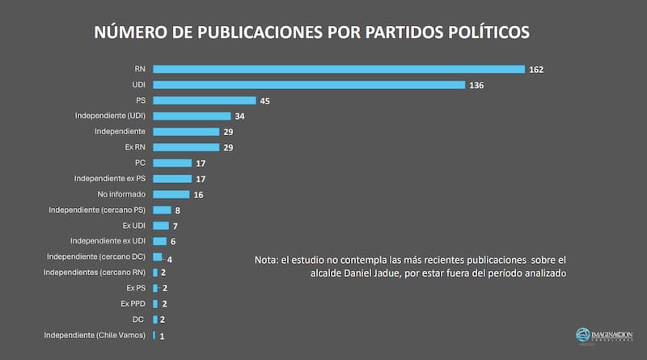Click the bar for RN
coord(339,70)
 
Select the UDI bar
coord(309,85)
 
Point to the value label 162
coord(535,70)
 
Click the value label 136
coord(476,85)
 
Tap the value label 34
coord(241,116)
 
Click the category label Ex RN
coord(135,146)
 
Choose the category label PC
coord(140,163)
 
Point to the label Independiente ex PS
coord(109,178)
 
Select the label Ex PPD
coord(133,303)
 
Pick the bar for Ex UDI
coord(161,225)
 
